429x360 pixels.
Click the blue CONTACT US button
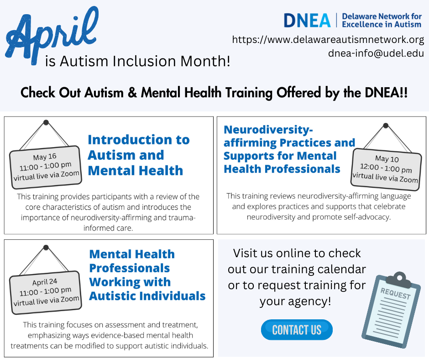point(297,330)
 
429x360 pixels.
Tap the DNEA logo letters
point(307,20)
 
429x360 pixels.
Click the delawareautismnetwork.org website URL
point(328,39)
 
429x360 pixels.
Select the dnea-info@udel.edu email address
point(376,53)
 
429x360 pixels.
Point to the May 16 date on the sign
point(45,157)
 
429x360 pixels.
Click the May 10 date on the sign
point(387,159)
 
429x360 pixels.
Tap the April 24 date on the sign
point(45,281)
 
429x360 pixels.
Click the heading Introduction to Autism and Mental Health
point(138,155)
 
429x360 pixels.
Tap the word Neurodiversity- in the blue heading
point(268,129)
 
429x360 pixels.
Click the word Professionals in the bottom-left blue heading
point(129,268)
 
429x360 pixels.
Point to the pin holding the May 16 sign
point(46,122)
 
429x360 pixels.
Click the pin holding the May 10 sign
point(386,125)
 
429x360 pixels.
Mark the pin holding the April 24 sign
point(46,247)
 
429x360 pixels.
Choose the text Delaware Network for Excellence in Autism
point(382,20)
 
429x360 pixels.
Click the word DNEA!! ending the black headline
point(385,93)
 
